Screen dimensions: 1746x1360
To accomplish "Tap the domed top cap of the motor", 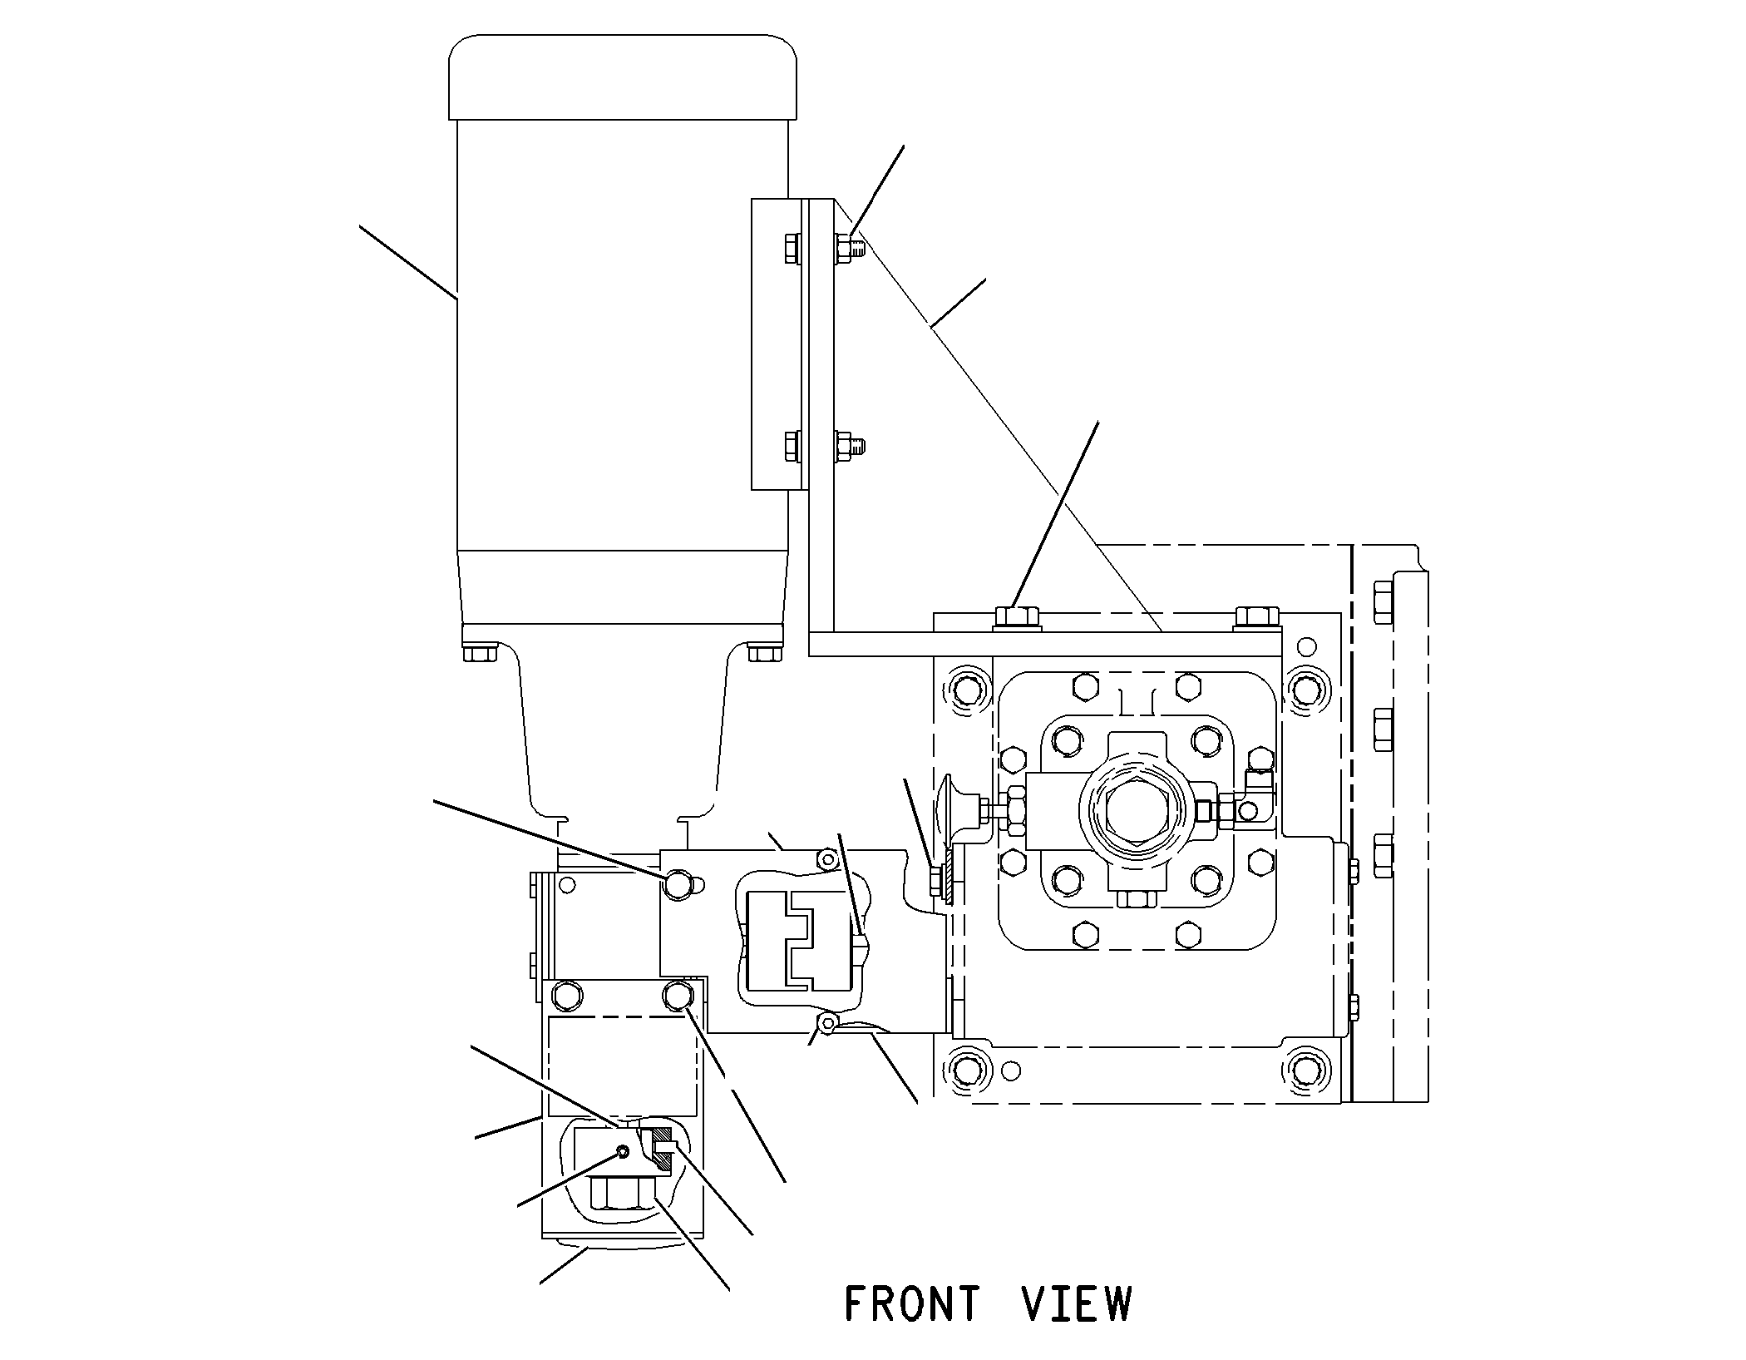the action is tap(622, 77).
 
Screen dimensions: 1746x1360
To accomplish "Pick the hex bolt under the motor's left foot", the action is tap(480, 652).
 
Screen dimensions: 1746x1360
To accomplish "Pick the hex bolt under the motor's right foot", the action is tap(764, 652).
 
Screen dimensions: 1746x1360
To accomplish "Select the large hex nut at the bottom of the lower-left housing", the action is tap(621, 1194).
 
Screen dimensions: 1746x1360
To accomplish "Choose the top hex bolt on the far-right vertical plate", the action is tap(1383, 601).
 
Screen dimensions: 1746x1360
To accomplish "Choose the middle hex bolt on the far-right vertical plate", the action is tap(1383, 727).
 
